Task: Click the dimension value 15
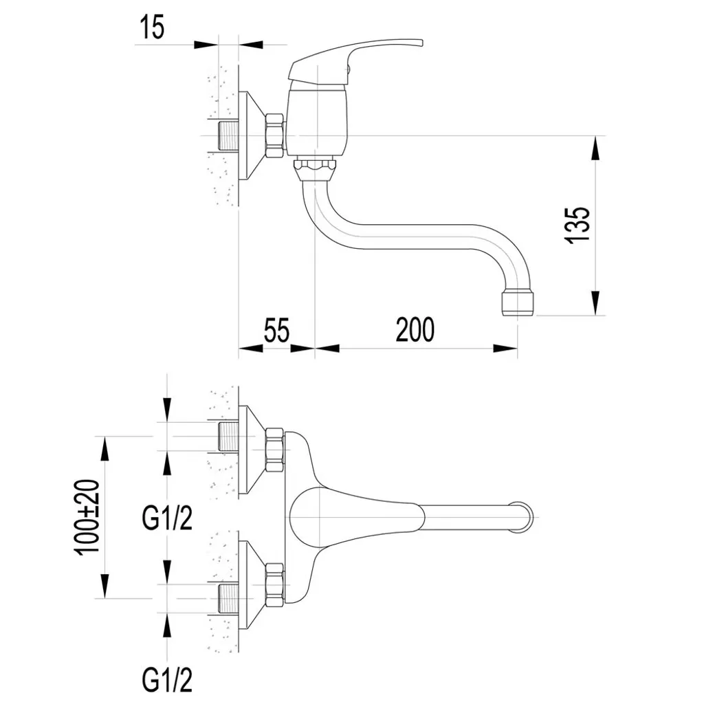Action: (x=152, y=28)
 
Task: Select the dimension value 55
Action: (x=276, y=330)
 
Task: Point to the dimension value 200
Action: (x=415, y=330)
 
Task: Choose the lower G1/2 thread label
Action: (x=167, y=681)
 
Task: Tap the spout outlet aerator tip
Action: (x=517, y=302)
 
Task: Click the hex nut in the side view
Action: (x=275, y=135)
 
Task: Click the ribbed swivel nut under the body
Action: (x=314, y=167)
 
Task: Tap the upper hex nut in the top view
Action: (x=274, y=450)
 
